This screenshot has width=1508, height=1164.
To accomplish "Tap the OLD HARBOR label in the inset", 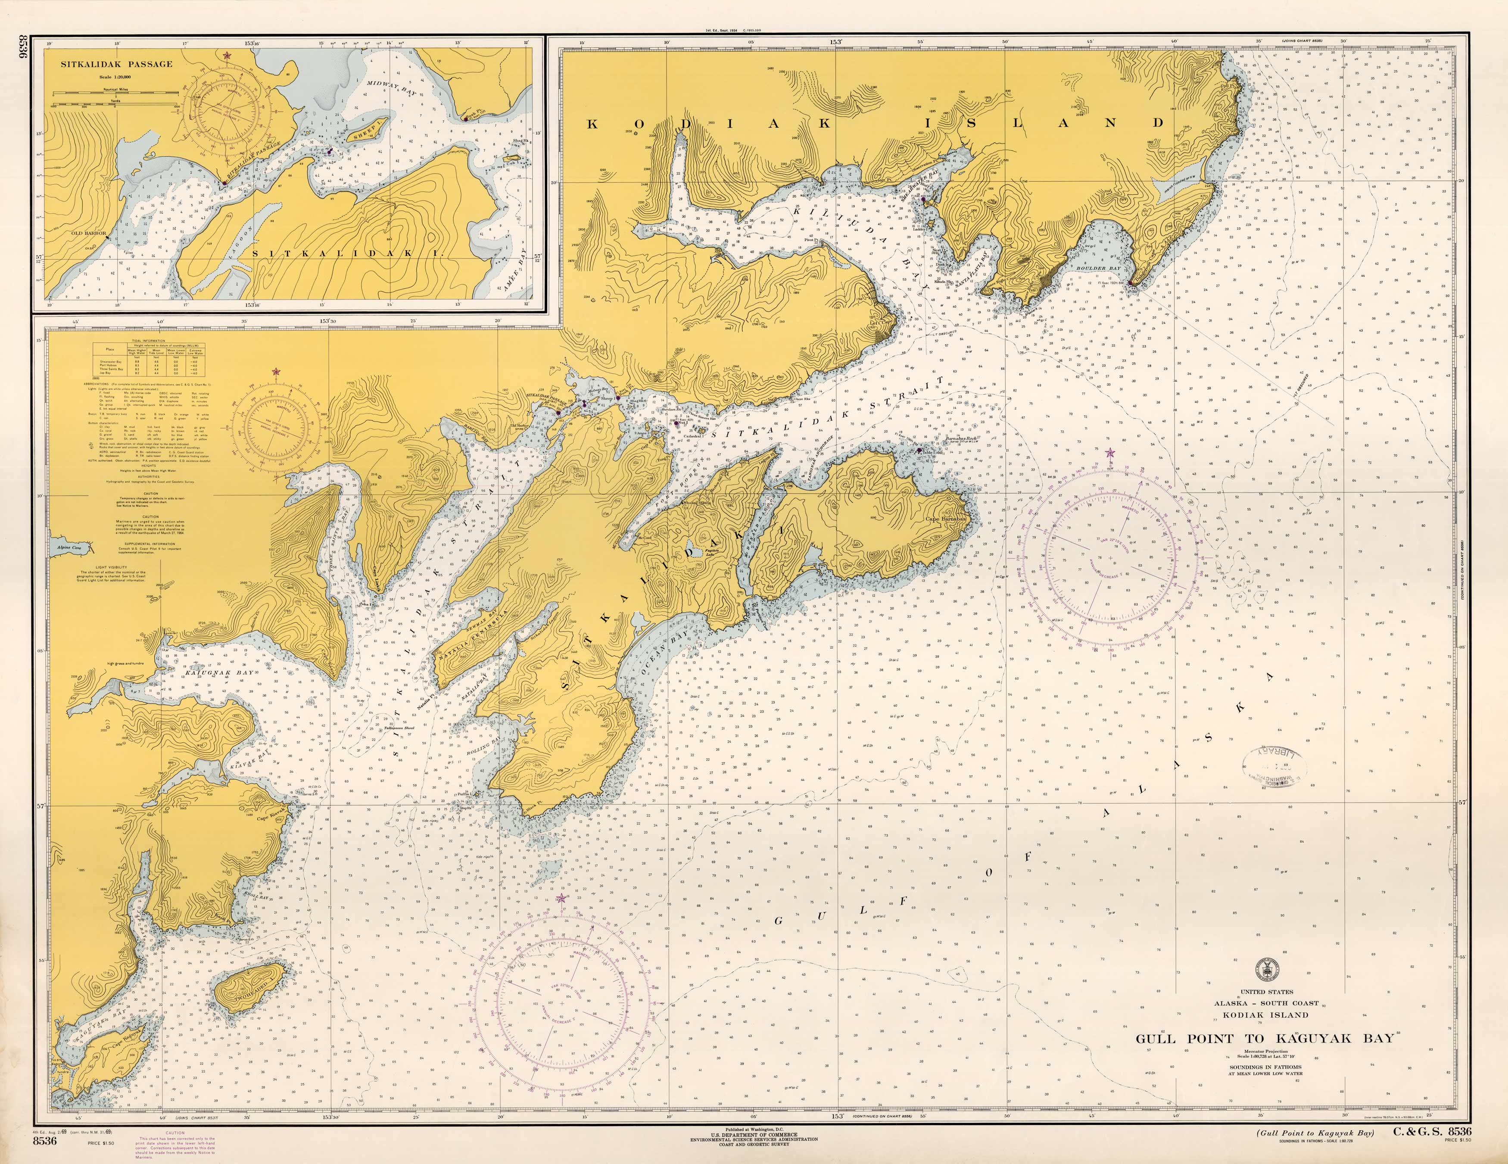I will pyautogui.click(x=88, y=233).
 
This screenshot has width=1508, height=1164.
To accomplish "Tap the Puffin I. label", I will pyautogui.click(x=463, y=794).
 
